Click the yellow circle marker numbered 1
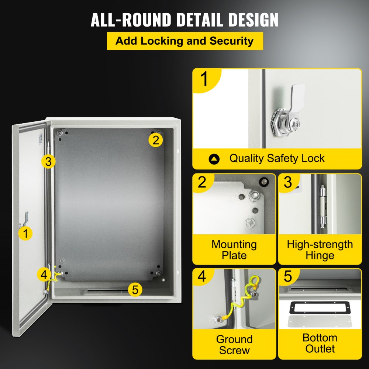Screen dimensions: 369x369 point(25,233)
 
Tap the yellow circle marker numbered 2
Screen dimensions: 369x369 point(156,140)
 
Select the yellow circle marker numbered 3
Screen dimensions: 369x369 point(48,161)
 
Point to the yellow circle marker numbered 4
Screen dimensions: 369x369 point(44,275)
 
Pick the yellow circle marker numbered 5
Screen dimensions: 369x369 point(135,290)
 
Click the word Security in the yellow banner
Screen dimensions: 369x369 point(232,41)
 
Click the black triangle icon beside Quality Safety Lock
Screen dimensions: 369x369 point(214,159)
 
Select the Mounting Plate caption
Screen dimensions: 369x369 point(234,250)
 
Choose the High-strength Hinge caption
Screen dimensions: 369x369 point(320,250)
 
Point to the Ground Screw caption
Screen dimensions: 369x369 point(234,345)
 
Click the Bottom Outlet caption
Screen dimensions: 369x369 point(320,343)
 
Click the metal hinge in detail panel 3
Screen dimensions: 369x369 point(323,207)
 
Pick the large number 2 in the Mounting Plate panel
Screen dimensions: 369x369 point(202,182)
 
